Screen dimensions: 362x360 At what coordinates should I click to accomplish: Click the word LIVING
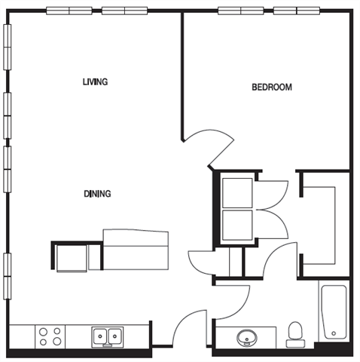(x=95, y=81)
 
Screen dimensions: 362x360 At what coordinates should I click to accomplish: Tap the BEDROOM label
(x=271, y=87)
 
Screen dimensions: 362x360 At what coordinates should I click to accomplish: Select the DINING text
(x=97, y=194)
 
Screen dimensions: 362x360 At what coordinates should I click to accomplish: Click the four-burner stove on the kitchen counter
(x=50, y=336)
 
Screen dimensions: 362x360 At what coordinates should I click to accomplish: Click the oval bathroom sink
(x=246, y=337)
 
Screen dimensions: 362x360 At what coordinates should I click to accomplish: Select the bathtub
(x=332, y=312)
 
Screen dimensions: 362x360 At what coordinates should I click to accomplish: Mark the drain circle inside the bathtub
(x=332, y=333)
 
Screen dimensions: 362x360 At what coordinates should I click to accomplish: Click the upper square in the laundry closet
(x=237, y=191)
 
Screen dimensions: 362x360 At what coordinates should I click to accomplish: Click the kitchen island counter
(x=135, y=250)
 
